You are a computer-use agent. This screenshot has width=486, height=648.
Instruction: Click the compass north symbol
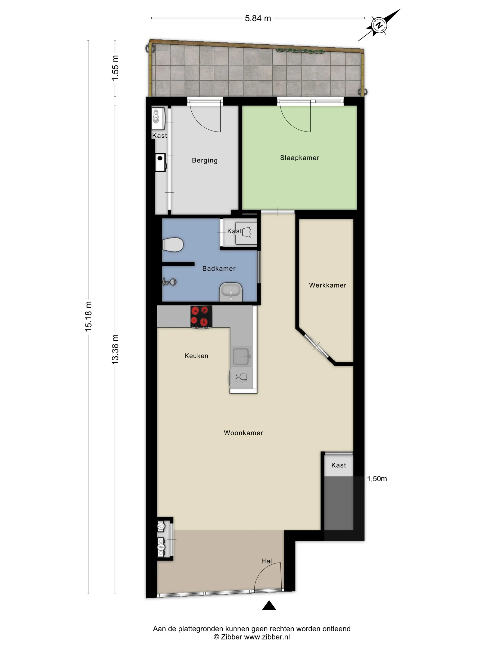coord(379,25)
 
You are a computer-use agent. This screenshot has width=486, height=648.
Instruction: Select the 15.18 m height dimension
coord(88,316)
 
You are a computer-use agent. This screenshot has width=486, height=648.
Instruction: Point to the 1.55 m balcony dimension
coord(115,68)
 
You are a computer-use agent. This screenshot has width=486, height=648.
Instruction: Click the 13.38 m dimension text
coord(115,349)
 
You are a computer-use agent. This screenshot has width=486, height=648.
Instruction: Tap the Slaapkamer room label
coord(299,158)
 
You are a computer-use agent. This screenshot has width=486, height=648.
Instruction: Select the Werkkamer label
coord(327,285)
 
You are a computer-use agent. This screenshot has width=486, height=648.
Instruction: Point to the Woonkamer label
coord(243,433)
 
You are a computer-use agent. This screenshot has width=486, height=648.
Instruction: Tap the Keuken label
coord(196,356)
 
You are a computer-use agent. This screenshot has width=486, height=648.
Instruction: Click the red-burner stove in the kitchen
coord(201,316)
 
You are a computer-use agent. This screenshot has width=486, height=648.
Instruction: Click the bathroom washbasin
coord(231,292)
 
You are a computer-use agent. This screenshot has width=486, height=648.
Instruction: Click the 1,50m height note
coord(377,479)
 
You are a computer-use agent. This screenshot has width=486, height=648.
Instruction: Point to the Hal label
coord(267,561)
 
